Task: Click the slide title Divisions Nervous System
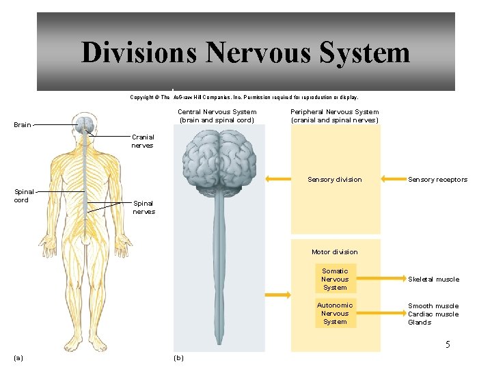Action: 245,53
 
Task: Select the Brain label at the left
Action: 23,125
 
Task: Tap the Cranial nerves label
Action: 142,141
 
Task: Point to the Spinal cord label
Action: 22,196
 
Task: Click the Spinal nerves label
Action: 143,207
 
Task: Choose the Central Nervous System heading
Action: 217,116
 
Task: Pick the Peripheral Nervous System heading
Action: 334,116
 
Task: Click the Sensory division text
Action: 334,180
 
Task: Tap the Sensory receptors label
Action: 437,180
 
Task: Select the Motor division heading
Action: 334,252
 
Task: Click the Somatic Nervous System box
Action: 335,279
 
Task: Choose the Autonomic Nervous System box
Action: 335,314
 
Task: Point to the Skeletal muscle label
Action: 433,279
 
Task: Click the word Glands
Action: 420,323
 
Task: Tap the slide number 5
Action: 448,344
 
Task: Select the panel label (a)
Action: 18,357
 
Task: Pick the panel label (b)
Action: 179,357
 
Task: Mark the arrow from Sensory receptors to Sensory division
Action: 392,179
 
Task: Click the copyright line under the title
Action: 244,97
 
